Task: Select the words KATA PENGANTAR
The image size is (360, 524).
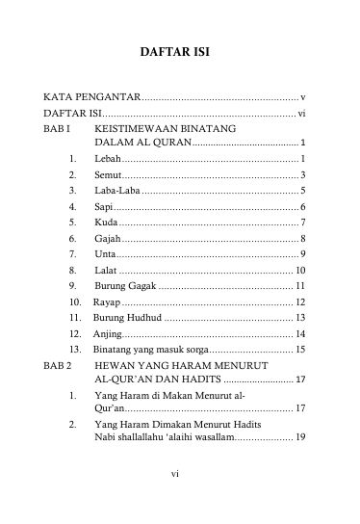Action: click(x=92, y=97)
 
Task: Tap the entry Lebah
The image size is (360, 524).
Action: click(x=107, y=158)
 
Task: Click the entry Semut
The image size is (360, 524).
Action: click(x=108, y=174)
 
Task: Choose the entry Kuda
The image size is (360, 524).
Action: click(x=106, y=223)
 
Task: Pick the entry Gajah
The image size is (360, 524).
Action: click(x=108, y=238)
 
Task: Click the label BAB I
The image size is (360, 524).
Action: click(x=57, y=128)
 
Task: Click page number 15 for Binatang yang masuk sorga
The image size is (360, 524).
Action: click(x=300, y=348)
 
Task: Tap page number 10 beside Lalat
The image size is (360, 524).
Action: click(x=300, y=270)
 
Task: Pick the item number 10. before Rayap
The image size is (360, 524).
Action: click(x=75, y=301)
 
